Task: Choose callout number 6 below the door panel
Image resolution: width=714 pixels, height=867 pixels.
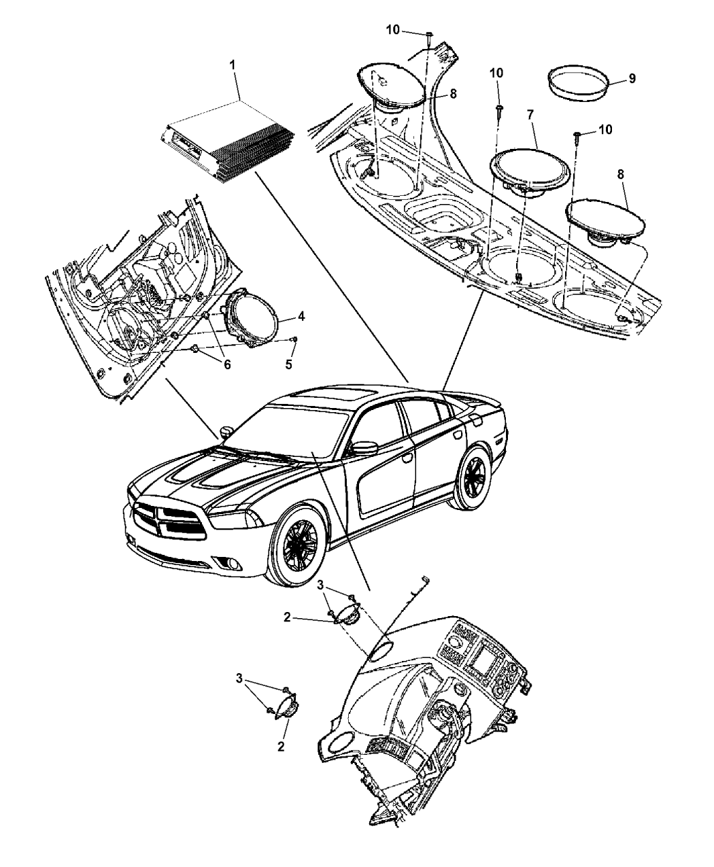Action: [226, 364]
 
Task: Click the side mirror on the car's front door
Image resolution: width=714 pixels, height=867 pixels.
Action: [364, 448]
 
